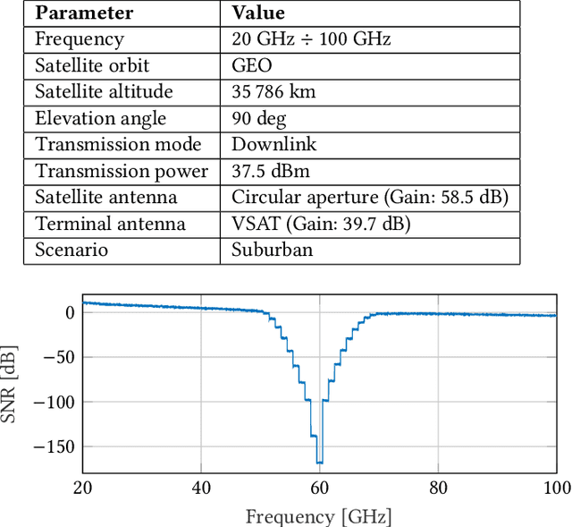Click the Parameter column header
pos(84,13)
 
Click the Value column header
pos(258,13)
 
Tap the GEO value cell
pos(251,65)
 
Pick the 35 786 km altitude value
pos(273,92)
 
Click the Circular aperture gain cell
pos(369,197)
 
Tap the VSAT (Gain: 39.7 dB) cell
pos(320,224)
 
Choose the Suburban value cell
pos(273,250)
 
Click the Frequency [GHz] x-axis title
pos(318,516)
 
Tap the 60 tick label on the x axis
pos(320,488)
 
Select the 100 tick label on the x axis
pos(556,488)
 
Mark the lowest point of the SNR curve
pos(319,463)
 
